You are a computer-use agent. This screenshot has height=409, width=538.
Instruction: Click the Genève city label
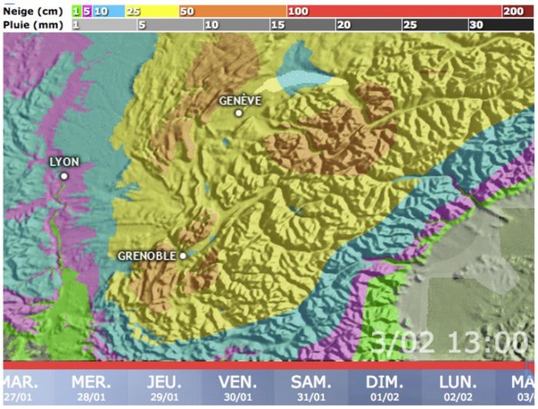click(x=241, y=101)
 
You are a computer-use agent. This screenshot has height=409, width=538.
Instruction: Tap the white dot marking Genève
click(x=239, y=113)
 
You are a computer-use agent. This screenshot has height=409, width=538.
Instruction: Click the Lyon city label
click(x=64, y=162)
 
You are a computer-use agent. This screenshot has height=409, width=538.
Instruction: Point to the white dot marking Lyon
click(x=64, y=176)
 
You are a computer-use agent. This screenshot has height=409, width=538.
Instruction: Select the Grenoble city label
click(x=148, y=256)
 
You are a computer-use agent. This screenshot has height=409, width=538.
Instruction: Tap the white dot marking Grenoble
click(x=183, y=256)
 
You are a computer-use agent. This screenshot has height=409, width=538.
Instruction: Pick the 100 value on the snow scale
click(x=297, y=12)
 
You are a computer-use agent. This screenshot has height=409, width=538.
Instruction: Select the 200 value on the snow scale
click(x=513, y=12)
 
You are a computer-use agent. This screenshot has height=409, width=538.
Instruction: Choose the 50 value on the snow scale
click(x=187, y=12)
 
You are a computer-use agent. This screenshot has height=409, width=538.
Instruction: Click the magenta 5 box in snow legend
click(x=87, y=12)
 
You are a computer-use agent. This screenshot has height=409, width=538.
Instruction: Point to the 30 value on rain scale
click(x=476, y=25)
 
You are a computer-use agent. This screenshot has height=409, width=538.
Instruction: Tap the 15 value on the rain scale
click(x=278, y=25)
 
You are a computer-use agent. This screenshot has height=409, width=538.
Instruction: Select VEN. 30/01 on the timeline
click(x=238, y=387)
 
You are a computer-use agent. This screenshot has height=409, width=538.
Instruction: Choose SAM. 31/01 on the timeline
click(x=312, y=387)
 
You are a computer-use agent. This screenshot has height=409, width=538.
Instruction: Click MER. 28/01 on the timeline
click(x=91, y=387)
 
